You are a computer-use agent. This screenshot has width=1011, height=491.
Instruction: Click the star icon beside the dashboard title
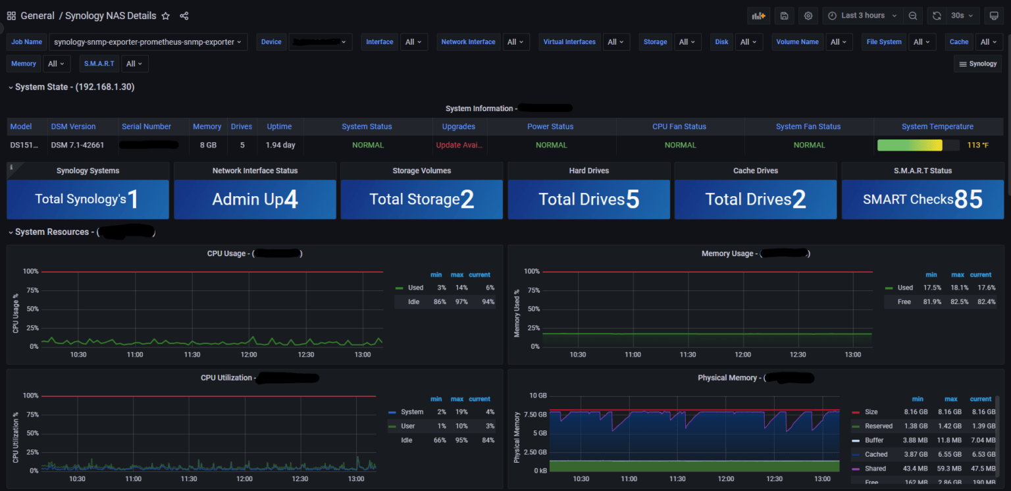166,16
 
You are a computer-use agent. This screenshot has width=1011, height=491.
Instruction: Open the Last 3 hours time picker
863,16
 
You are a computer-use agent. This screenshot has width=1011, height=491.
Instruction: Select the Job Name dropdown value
148,42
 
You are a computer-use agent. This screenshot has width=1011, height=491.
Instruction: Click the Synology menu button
977,64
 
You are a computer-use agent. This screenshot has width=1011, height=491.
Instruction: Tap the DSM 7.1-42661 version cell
78,145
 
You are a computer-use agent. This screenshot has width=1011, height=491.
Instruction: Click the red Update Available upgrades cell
459,145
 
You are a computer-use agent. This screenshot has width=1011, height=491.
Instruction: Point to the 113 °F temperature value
977,145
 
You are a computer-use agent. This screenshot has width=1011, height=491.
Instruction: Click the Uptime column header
279,126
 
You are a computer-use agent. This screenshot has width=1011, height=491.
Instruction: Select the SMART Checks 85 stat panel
922,199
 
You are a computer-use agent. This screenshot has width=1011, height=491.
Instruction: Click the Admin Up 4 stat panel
255,199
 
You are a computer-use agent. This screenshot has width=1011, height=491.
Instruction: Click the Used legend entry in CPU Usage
415,288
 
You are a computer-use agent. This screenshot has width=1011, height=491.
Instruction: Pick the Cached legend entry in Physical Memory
875,454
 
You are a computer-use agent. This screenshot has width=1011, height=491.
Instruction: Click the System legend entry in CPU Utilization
411,412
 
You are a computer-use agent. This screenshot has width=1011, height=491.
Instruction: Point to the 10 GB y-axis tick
538,396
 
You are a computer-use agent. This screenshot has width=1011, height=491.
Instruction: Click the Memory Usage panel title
727,253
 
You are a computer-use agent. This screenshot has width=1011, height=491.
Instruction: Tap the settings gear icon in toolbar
808,16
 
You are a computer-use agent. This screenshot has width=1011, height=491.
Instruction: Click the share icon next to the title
184,16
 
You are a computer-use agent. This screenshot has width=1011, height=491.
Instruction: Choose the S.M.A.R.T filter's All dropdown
134,64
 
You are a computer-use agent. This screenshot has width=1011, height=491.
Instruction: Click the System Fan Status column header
808,126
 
